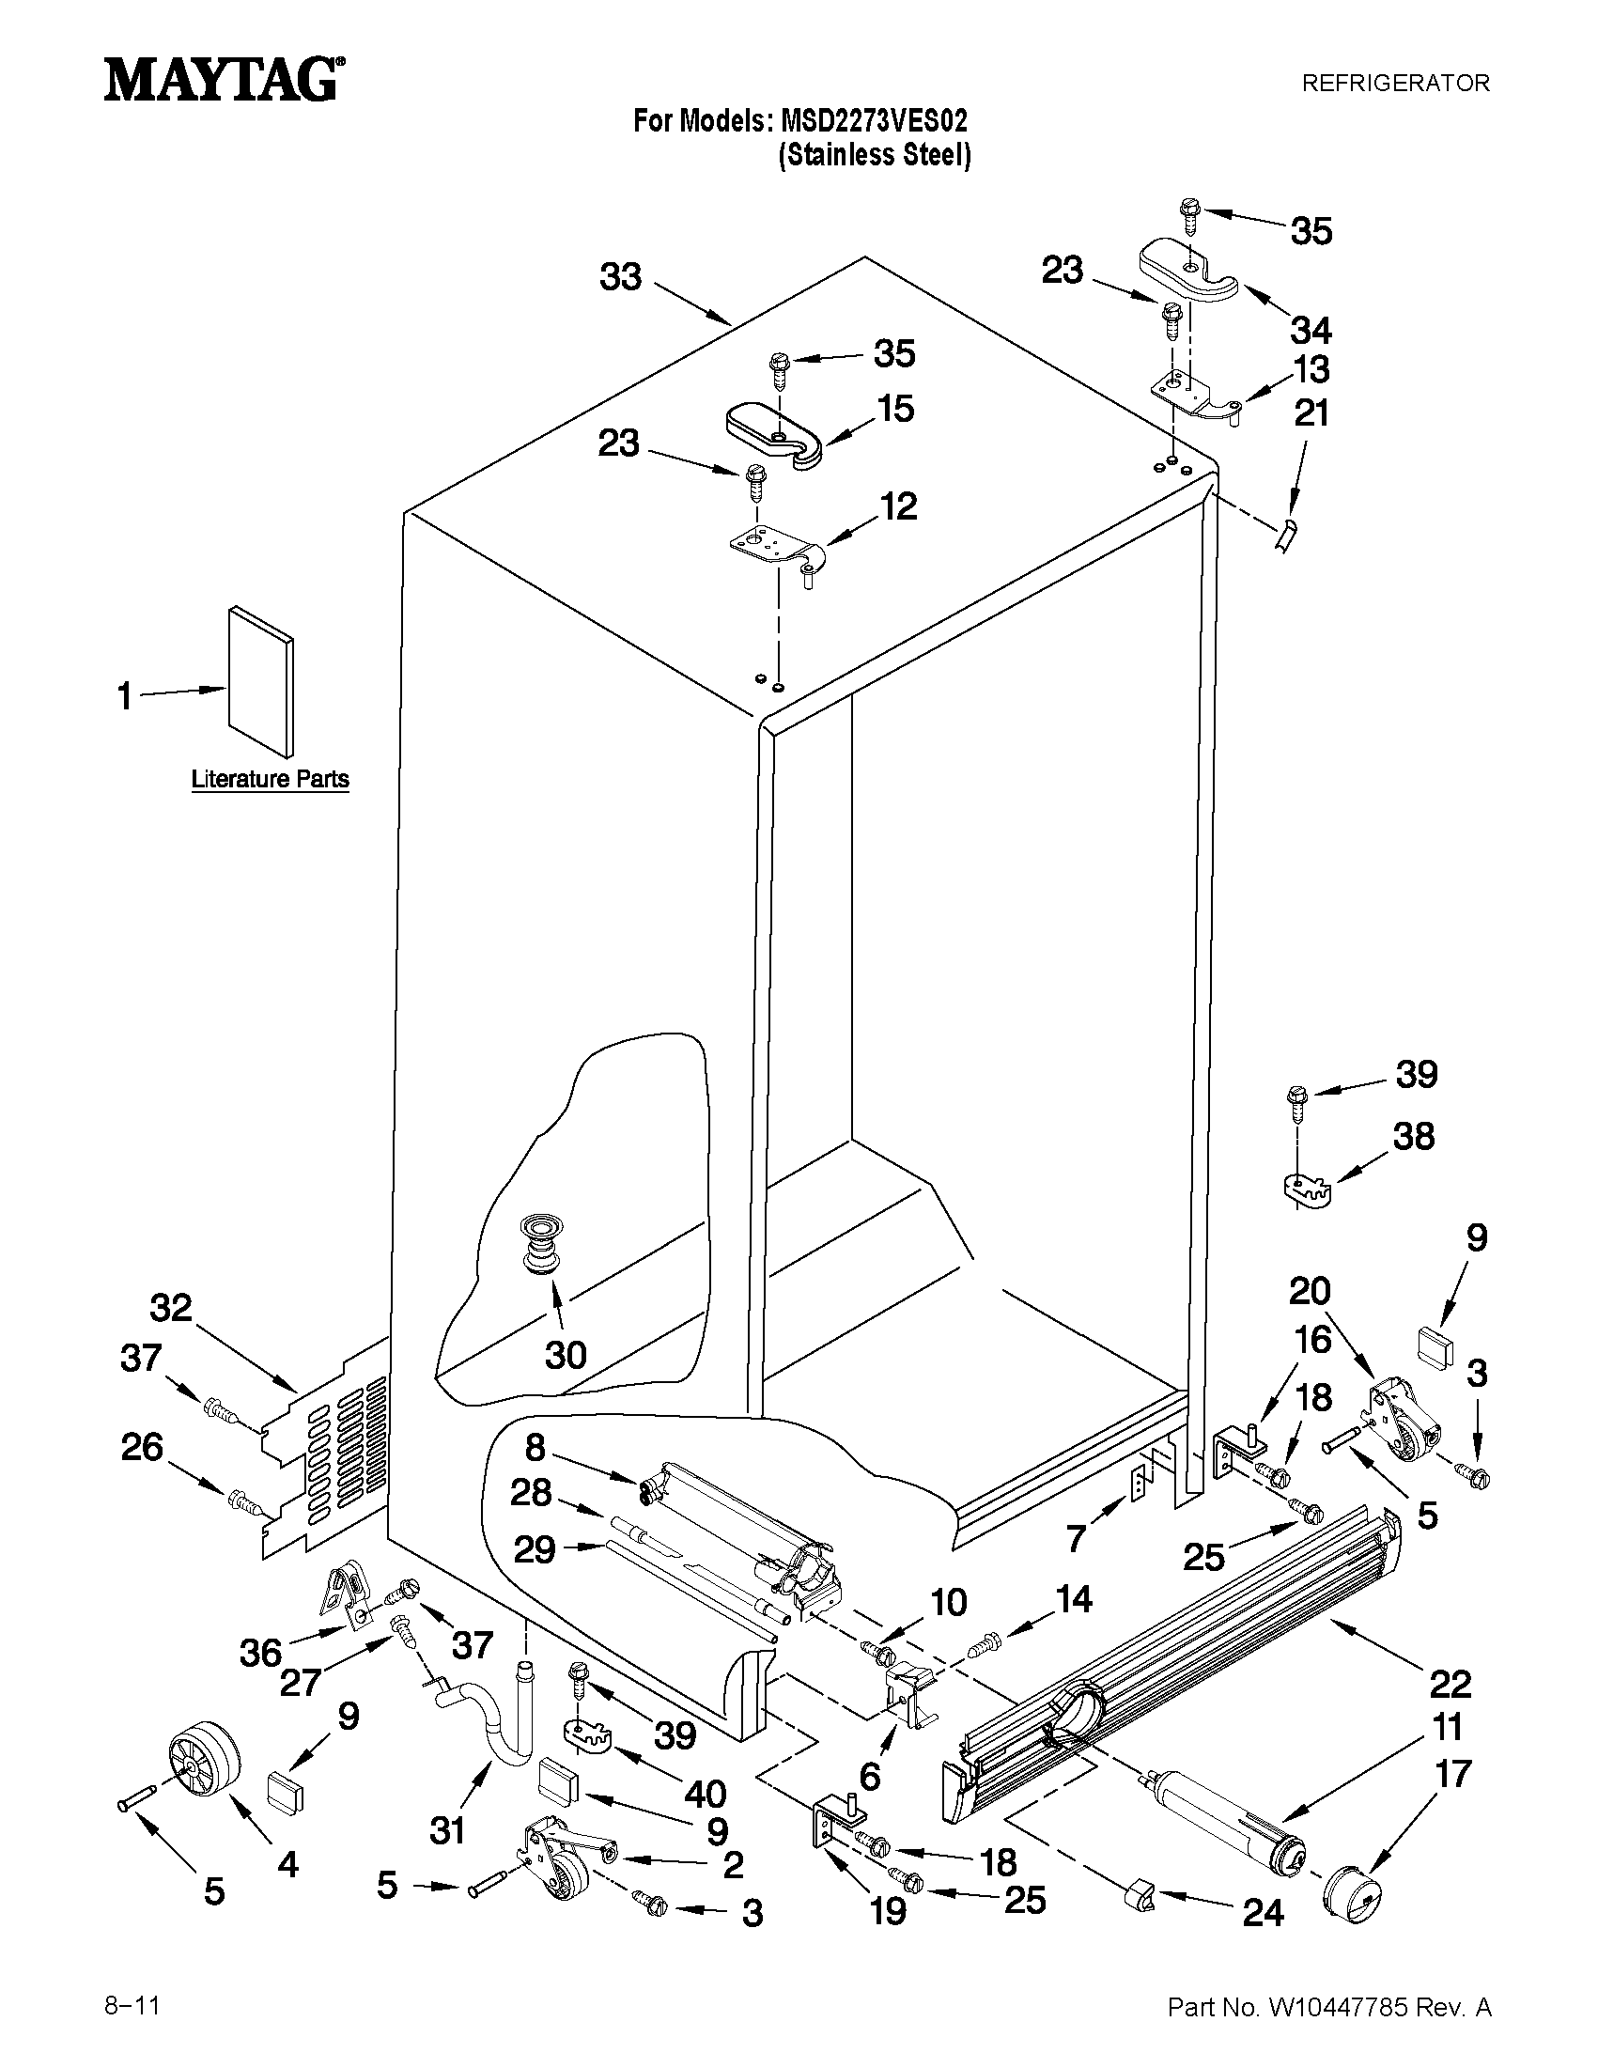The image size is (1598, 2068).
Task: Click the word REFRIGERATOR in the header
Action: coord(1394,84)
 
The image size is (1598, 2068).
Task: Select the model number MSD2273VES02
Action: coord(874,121)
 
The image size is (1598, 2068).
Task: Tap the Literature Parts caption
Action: coord(270,779)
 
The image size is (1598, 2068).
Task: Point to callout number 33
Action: coord(620,277)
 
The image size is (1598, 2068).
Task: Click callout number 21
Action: coord(1311,413)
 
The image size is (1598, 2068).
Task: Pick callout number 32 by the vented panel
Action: coord(170,1309)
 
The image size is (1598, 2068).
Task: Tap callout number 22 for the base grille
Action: coord(1450,1684)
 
